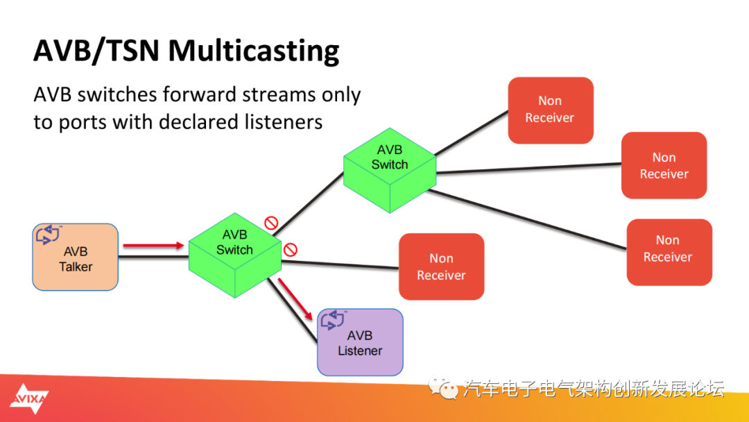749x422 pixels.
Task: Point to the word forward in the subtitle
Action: pyautogui.click(x=214, y=94)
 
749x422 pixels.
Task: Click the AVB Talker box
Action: pyautogui.click(x=75, y=257)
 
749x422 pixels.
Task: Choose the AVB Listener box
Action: pyautogui.click(x=360, y=342)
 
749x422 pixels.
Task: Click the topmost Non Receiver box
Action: pyautogui.click(x=550, y=110)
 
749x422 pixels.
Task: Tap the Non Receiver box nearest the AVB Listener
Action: pyautogui.click(x=441, y=267)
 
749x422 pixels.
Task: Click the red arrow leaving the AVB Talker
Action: pyautogui.click(x=153, y=245)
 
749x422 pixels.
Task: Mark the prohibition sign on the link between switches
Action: pyautogui.click(x=271, y=223)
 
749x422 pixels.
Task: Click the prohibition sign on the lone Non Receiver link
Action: pyautogui.click(x=291, y=249)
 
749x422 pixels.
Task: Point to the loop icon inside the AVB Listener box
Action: pyautogui.click(x=333, y=320)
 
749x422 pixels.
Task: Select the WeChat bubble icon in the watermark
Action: pyautogui.click(x=442, y=387)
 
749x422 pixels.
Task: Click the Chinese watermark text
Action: pyautogui.click(x=593, y=389)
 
